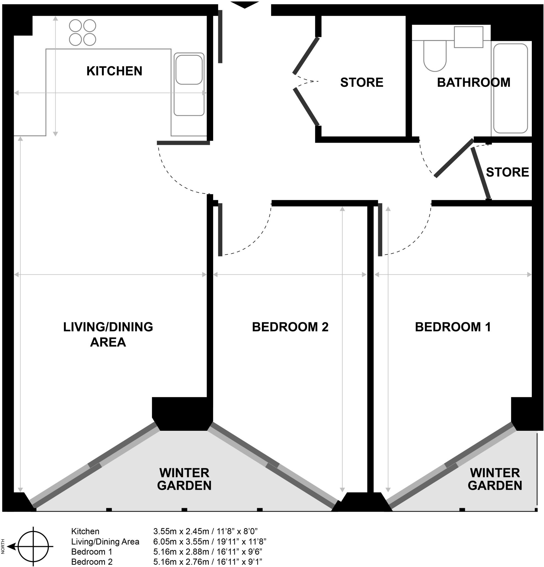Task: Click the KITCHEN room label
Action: click(114, 71)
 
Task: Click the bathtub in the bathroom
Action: click(511, 88)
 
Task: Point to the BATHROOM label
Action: click(473, 83)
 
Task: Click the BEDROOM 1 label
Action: click(453, 327)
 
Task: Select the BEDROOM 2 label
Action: click(290, 327)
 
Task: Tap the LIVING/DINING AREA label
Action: click(108, 334)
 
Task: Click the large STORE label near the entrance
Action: click(362, 83)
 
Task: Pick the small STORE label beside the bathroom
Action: click(507, 172)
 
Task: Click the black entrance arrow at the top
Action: click(244, 5)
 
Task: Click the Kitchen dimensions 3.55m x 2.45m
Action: click(205, 531)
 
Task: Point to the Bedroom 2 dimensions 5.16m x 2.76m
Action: click(207, 562)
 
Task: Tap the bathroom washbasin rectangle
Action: click(468, 37)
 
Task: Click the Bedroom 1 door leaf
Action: click(380, 230)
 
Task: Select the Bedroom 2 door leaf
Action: click(220, 230)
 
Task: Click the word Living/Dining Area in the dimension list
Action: click(105, 542)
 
